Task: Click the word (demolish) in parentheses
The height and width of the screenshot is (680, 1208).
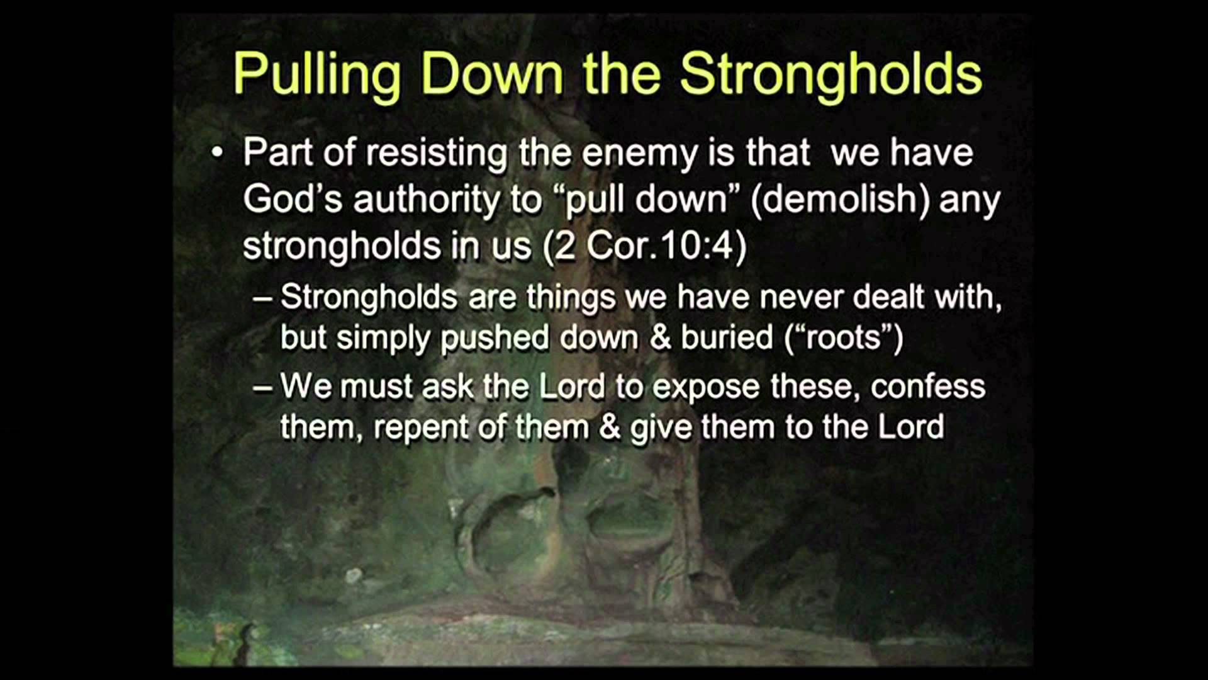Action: (840, 200)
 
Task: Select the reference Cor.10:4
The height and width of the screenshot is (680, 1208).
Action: (666, 246)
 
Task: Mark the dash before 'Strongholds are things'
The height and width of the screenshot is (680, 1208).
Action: (262, 298)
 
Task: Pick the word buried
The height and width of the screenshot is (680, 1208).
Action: (727, 337)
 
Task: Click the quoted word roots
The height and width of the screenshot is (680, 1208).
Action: (844, 338)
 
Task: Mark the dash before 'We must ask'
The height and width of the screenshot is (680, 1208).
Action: (262, 387)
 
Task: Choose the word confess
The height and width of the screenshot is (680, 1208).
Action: (928, 387)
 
